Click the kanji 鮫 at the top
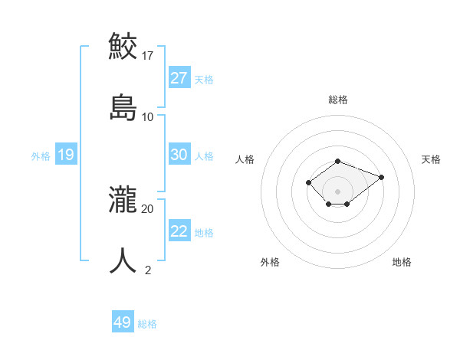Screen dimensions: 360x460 click(123, 45)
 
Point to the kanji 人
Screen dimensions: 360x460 click(123, 260)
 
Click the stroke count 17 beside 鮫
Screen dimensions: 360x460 click(148, 56)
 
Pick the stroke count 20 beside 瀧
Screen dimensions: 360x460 click(148, 208)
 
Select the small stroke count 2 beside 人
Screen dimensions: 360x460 click(148, 270)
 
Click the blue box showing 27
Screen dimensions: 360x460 click(179, 77)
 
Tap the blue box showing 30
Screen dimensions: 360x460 click(179, 155)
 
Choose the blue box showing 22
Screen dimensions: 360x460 click(179, 231)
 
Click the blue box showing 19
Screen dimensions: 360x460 click(65, 155)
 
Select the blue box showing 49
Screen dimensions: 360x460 click(123, 322)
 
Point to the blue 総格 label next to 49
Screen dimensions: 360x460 click(147, 324)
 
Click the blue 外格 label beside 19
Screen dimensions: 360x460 click(41, 156)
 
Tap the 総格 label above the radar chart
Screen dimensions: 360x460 click(338, 100)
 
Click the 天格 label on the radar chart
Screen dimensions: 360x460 click(431, 159)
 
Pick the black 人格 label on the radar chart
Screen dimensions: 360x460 click(245, 159)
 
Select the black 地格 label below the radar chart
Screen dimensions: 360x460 click(402, 262)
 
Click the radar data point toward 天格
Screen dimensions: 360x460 click(381, 177)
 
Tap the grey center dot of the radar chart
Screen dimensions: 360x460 click(337, 191)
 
